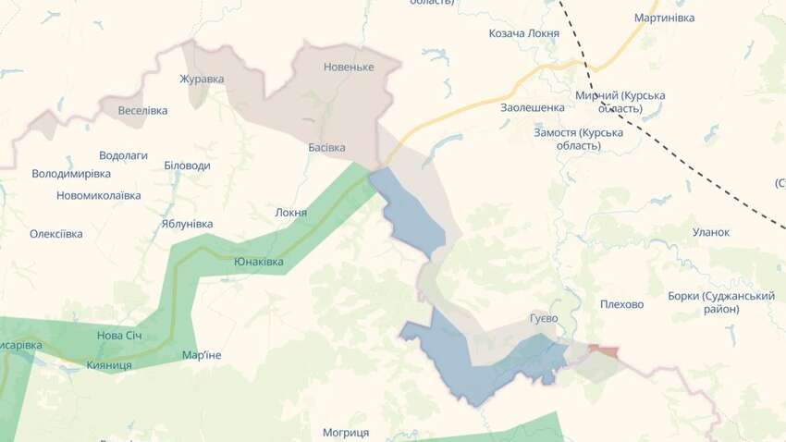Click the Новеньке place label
click(349, 67)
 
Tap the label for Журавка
click(202, 79)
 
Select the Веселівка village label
click(143, 110)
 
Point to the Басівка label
click(326, 147)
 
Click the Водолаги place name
click(123, 155)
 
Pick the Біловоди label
click(187, 166)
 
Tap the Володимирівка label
click(71, 173)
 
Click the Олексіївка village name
click(55, 234)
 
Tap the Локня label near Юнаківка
click(291, 213)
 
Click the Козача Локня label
click(524, 33)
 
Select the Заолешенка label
click(533, 107)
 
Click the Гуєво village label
click(544, 318)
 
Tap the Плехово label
click(621, 304)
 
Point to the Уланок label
click(711, 232)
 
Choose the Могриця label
click(346, 432)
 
